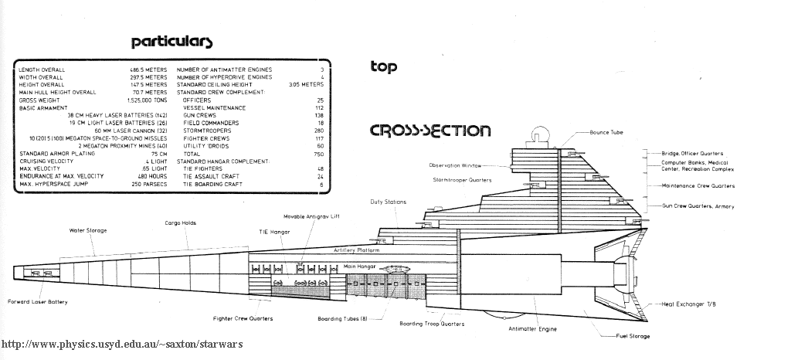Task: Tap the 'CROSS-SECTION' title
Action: [429, 130]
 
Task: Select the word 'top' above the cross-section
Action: [383, 67]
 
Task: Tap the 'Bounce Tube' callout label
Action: [606, 132]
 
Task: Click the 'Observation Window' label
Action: [455, 165]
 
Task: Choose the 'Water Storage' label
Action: [88, 230]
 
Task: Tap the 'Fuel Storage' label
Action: [633, 336]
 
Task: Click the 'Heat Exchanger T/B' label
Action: [689, 304]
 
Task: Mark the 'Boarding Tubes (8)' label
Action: [342, 318]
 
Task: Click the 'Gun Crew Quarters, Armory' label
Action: [698, 206]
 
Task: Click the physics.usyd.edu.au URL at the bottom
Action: [121, 344]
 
